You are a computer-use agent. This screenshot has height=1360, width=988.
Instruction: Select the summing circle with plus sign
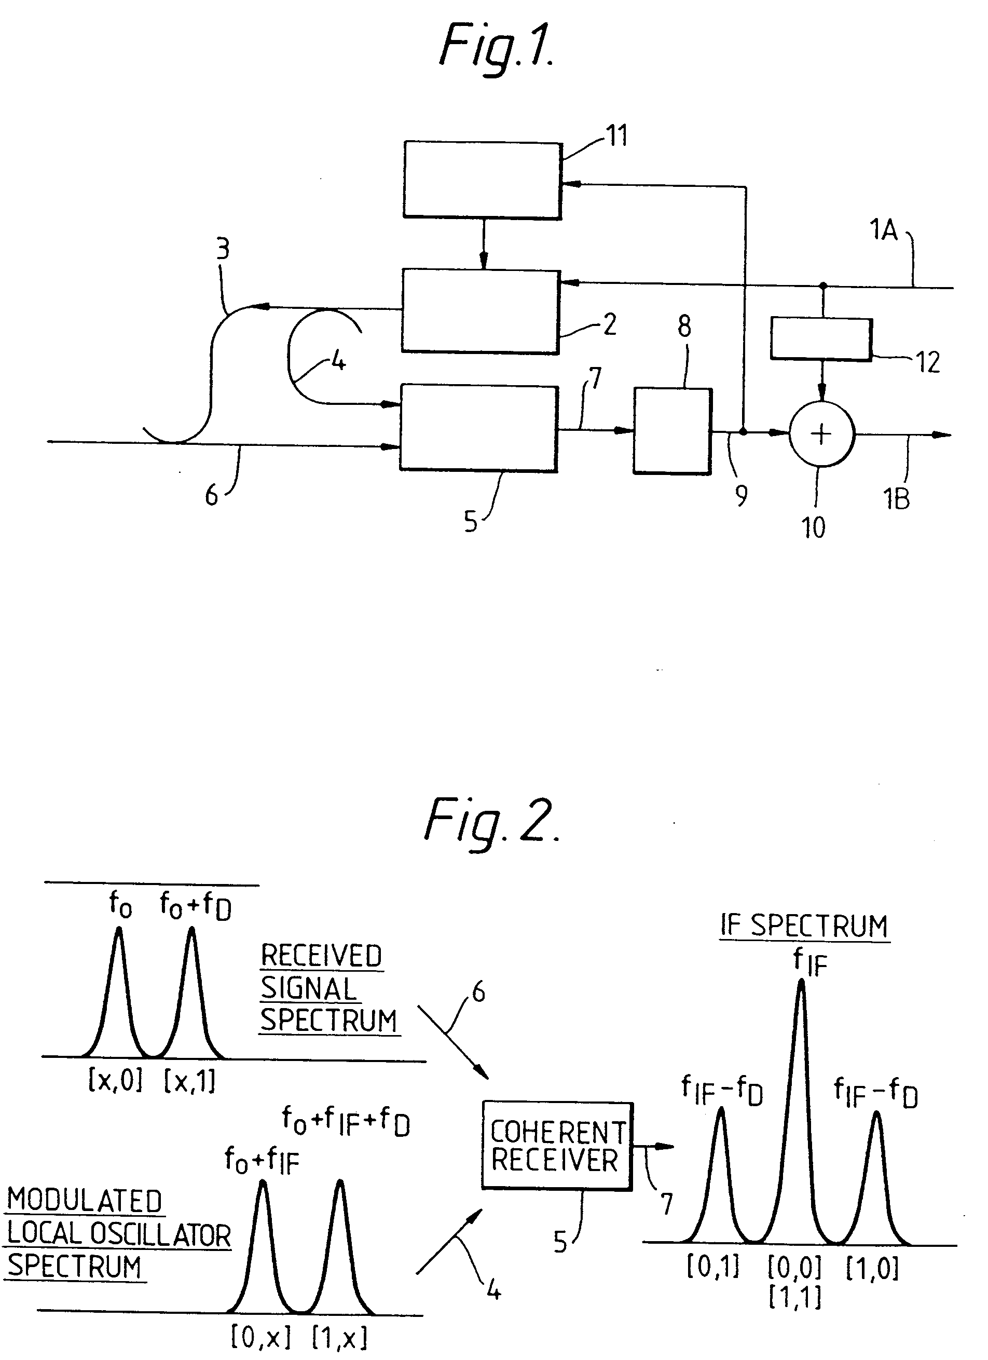[821, 433]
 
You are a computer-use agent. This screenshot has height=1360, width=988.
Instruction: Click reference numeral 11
[617, 136]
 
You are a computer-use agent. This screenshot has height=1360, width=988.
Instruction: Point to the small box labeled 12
[821, 339]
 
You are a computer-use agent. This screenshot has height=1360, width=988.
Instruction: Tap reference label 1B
[897, 499]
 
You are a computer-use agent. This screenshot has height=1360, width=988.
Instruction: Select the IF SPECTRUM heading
[804, 927]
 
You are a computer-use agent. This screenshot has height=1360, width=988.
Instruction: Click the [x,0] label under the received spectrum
[115, 1081]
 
